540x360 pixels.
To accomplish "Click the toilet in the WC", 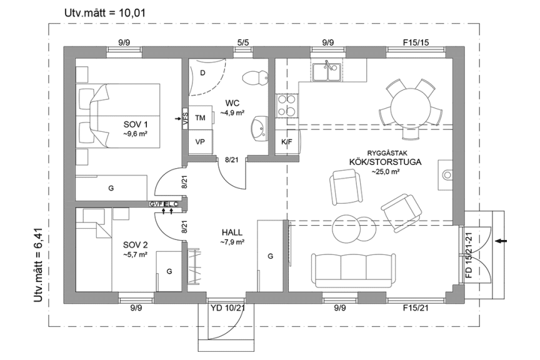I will pos(255,77).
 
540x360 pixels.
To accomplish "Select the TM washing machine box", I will pos(200,117).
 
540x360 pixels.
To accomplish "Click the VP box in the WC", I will pos(200,141).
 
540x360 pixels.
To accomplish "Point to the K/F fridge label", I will pos(286,142).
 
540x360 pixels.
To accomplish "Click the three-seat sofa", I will pos(352,268).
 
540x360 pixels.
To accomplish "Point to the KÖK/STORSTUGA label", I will pos(385,161).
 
